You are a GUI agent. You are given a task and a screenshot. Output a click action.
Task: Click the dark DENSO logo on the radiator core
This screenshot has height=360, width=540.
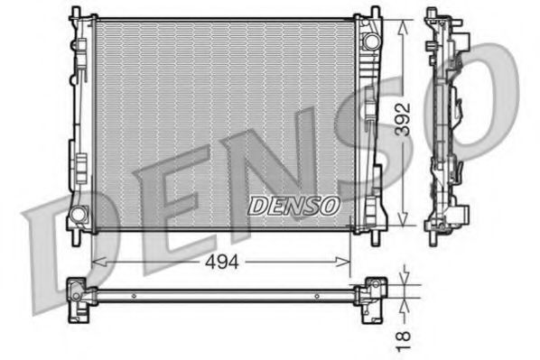coord(295,207)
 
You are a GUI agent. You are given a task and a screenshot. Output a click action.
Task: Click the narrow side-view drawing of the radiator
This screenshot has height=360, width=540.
coord(446,126)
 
